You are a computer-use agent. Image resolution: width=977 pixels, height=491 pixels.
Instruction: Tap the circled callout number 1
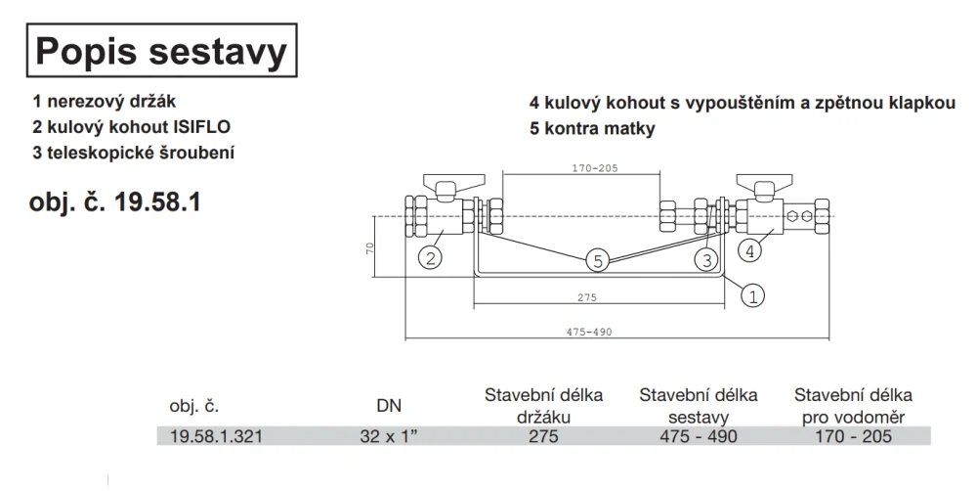click(x=753, y=291)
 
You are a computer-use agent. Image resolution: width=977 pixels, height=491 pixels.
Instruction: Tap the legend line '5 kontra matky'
click(x=592, y=128)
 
